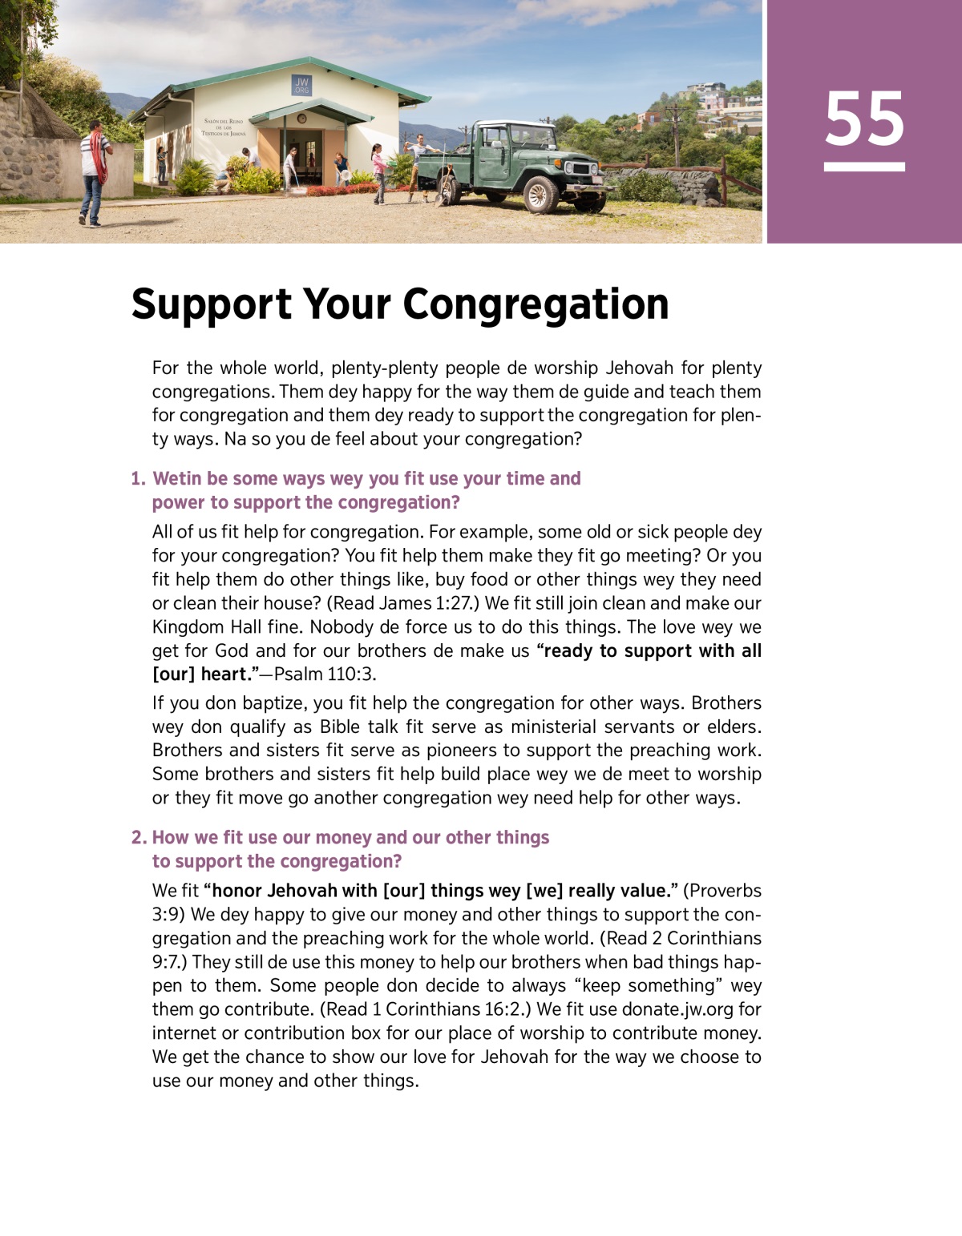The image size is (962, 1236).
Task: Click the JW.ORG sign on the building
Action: [301, 86]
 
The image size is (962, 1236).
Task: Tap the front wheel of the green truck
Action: [540, 193]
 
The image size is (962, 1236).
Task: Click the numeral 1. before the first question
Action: [138, 479]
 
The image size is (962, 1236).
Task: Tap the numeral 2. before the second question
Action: [139, 838]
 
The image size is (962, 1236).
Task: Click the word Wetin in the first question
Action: [176, 479]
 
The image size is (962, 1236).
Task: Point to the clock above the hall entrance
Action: [301, 119]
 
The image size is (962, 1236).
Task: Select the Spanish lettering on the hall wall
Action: [224, 127]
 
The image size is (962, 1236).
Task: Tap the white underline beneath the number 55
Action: [864, 167]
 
